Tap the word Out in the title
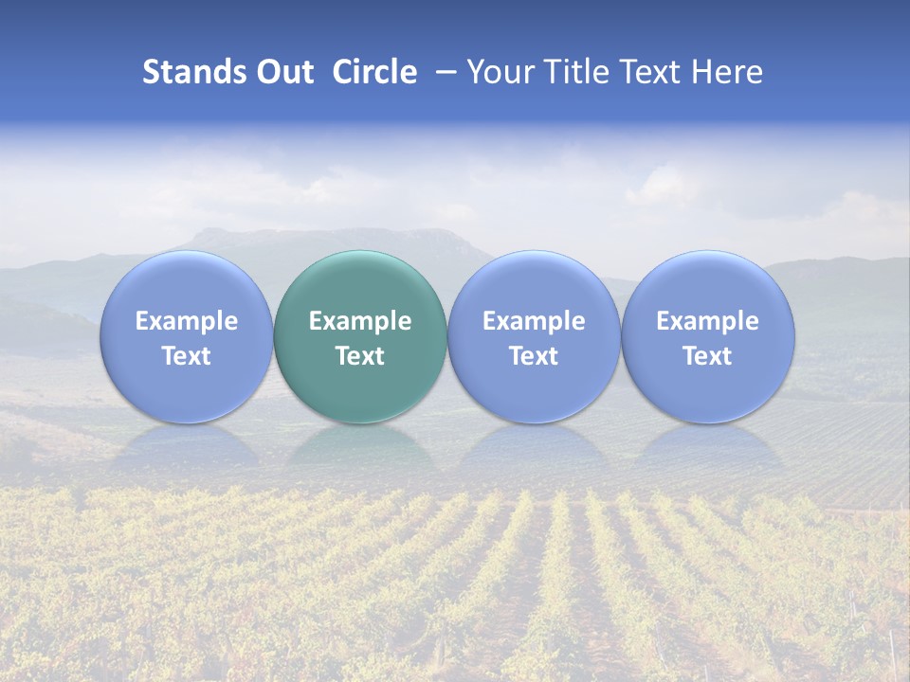[x=283, y=72]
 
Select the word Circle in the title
[x=374, y=72]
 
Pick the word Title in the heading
[x=573, y=72]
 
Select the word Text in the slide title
[x=651, y=72]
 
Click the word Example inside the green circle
[x=360, y=321]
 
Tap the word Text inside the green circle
[x=360, y=356]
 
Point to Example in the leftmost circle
[x=186, y=321]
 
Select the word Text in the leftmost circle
[x=186, y=356]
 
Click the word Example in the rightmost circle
[x=708, y=321]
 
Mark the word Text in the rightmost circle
[x=708, y=356]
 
